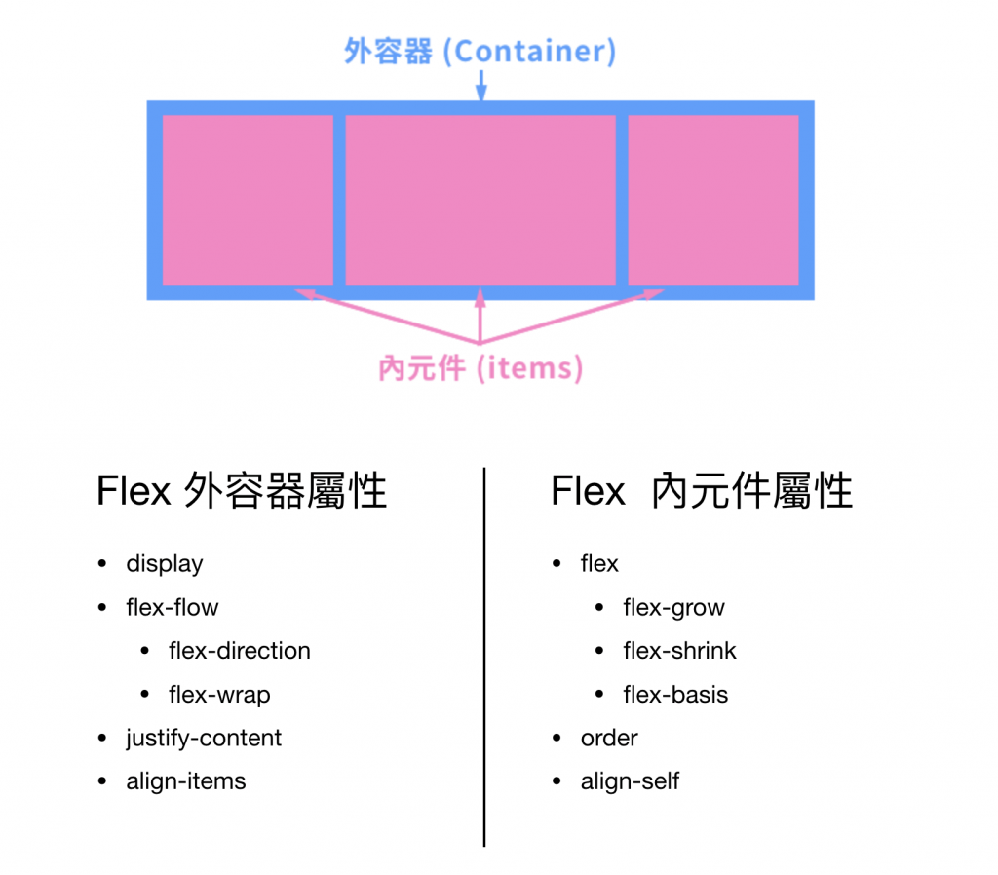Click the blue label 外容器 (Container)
(x=480, y=52)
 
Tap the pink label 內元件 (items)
(x=480, y=368)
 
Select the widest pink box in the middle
(x=480, y=201)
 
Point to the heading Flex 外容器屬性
(x=242, y=492)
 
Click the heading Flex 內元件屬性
(x=702, y=492)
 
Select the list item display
(x=165, y=564)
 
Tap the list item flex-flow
(x=173, y=608)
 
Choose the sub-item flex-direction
(x=239, y=651)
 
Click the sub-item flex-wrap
(x=219, y=695)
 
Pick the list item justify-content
(x=204, y=738)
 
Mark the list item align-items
(x=186, y=781)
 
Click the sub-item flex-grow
(x=674, y=608)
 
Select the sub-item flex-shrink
(x=680, y=651)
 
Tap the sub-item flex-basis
(x=675, y=695)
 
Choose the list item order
(x=609, y=738)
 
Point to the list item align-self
(x=630, y=781)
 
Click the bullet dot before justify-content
(x=103, y=739)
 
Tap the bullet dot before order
(x=557, y=739)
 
